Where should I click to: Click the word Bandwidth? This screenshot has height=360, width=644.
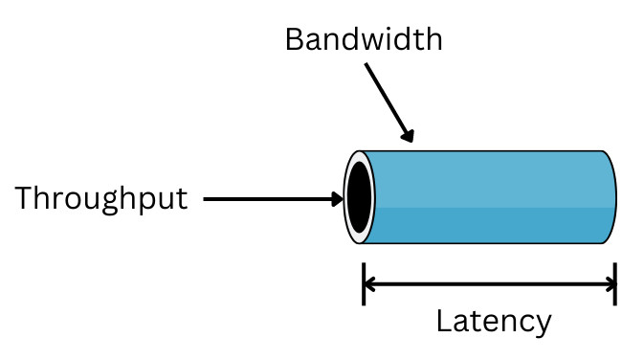coord(364,39)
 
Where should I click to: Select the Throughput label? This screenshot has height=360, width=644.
coord(100,199)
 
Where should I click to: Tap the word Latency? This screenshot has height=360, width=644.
coord(493,321)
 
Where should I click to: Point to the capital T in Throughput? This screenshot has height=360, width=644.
coord(24,198)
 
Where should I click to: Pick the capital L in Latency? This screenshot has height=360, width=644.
coord(444,321)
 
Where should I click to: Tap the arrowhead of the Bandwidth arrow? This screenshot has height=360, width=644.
coord(408,136)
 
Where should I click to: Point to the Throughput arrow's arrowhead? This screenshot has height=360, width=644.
coord(336,199)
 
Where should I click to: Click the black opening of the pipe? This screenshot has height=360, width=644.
coord(359,197)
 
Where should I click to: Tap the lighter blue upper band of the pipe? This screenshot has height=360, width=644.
coord(488,177)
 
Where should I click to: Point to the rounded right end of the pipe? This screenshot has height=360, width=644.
coord(610,197)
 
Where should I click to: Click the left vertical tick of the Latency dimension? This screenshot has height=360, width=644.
coord(364,283)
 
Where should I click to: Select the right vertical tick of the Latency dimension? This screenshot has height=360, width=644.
coord(614,283)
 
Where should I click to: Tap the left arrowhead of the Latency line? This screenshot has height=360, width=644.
coord(372,283)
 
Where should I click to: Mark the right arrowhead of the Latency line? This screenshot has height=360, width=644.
coord(606,283)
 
